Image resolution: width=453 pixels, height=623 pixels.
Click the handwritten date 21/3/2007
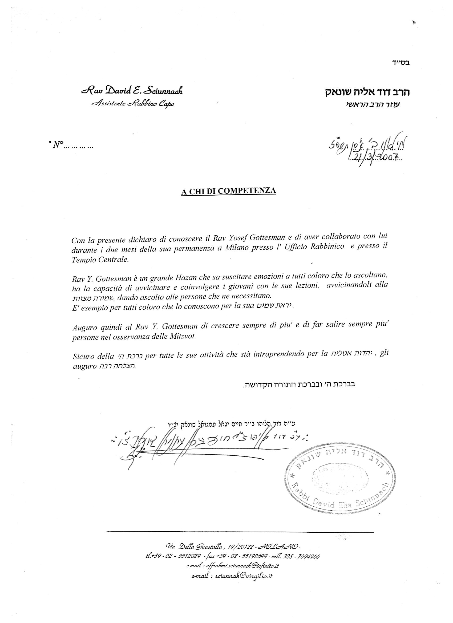coord(374,157)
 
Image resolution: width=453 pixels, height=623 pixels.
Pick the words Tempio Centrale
coord(100,260)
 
